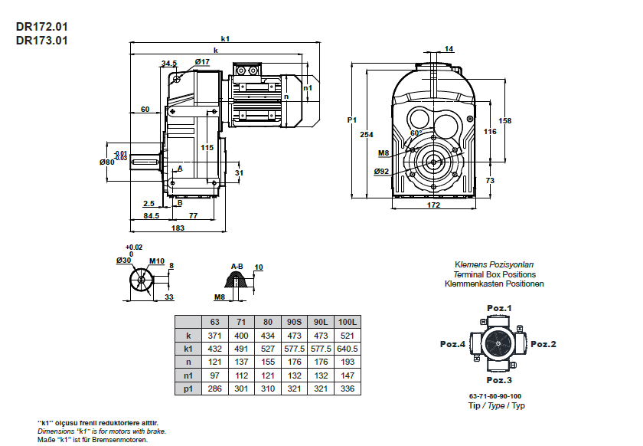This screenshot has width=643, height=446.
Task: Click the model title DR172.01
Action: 42,26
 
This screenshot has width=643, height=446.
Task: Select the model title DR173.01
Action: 42,40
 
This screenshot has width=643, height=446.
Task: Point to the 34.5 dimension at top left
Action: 169,64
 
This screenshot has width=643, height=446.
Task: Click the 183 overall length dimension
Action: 178,228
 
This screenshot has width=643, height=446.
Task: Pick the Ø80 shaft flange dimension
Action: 106,162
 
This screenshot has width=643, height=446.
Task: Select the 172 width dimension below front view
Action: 433,205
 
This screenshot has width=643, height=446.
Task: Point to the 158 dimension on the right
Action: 505,121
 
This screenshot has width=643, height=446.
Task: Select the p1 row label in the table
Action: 188,389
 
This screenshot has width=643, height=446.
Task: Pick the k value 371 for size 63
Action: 214,336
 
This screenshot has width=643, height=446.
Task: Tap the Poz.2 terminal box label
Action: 543,344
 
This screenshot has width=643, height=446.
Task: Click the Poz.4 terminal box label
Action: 452,344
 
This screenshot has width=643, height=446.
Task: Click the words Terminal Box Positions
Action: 494,274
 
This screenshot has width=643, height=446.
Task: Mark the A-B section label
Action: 238,267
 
